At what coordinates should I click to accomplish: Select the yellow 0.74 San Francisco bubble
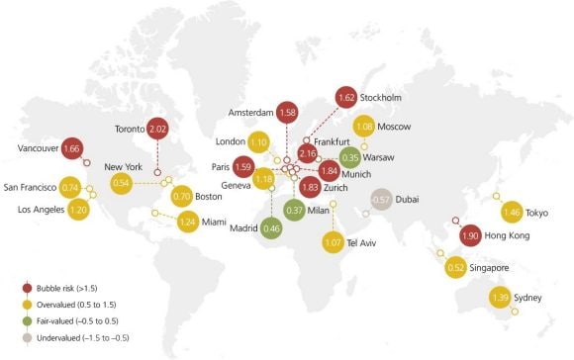[x=70, y=186]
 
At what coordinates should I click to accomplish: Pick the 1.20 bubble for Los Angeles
[x=79, y=210]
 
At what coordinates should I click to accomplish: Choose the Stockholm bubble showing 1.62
[x=347, y=98]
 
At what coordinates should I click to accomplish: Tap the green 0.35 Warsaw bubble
[x=349, y=156]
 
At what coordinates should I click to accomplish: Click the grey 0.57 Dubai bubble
[x=380, y=200]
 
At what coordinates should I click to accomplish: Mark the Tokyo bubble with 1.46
[x=512, y=212]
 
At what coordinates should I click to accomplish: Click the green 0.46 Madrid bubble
[x=273, y=228]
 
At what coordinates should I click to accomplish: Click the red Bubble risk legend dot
[x=27, y=288]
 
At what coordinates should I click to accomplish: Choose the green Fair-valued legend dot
[x=27, y=321]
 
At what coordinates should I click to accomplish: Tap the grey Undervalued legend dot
[x=27, y=338]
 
